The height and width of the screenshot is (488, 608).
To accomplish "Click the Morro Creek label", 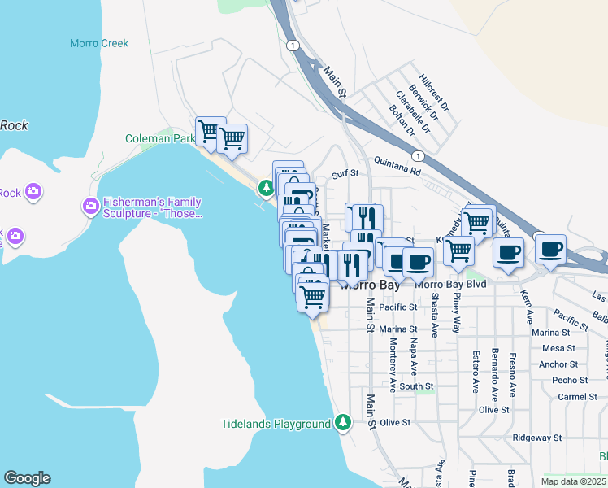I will coord(99,43).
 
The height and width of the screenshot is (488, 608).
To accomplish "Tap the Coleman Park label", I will coord(159,139).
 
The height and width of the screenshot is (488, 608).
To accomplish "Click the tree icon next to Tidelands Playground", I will coord(343,423).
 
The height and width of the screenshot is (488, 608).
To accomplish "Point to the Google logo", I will coord(27,478).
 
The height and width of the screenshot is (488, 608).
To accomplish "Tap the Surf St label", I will coord(345,173).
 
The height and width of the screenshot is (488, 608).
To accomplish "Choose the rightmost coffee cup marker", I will coord(550,248).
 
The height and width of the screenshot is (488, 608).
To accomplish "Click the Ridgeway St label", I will coord(537,438).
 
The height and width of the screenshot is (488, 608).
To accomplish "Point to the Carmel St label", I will coord(578,397).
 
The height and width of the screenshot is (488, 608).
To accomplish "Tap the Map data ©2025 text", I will coord(573,481).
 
